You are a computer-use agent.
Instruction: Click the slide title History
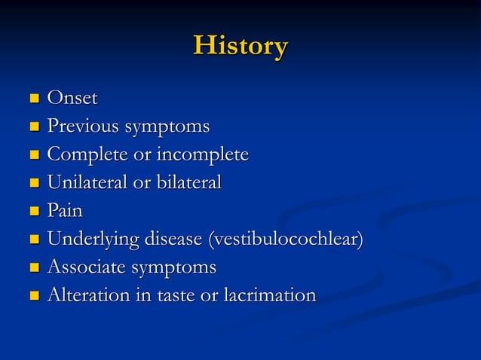click(240, 46)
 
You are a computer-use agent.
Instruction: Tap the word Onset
click(72, 98)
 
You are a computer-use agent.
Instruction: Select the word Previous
click(83, 126)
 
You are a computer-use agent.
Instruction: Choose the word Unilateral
click(88, 182)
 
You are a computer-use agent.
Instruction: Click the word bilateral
click(185, 182)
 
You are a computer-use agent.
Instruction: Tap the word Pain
click(65, 211)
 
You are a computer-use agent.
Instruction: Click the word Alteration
click(87, 295)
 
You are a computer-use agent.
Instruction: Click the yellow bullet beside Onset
click(32, 99)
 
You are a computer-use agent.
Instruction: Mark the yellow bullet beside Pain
click(32, 212)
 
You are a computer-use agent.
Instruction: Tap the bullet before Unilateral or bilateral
click(32, 184)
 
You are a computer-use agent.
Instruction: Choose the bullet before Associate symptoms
click(32, 268)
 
